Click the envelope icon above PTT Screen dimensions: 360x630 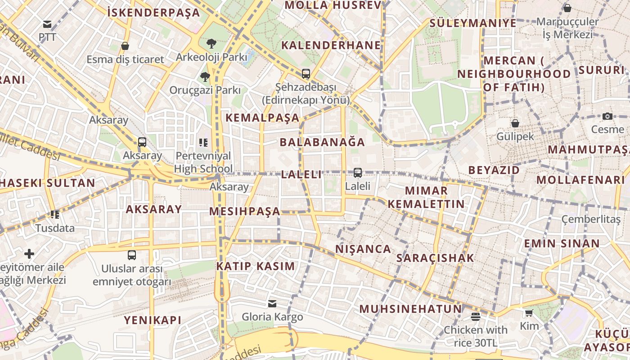47,24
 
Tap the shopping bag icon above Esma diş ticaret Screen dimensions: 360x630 125,46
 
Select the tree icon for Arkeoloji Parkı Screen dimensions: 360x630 211,44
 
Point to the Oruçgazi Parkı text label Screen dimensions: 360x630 205,90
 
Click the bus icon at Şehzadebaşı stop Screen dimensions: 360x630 306,73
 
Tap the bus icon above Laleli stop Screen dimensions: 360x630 358,172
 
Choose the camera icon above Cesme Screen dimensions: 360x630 607,116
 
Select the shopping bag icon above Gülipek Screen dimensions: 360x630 515,123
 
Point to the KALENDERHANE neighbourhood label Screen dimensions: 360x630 331,45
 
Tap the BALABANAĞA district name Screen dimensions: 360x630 322,142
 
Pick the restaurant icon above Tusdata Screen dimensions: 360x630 55,214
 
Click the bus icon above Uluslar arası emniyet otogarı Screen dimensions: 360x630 131,255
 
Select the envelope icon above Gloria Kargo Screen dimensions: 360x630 272,304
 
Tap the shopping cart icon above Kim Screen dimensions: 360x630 529,313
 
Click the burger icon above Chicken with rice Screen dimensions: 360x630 476,316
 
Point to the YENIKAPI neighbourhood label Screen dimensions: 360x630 153,320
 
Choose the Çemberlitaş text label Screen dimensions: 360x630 591,219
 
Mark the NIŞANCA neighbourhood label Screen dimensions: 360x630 363,249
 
